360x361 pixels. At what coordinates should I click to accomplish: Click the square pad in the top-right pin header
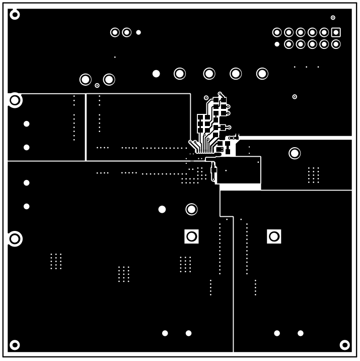coord(336,32)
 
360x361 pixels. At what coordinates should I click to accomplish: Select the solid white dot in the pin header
coord(277,44)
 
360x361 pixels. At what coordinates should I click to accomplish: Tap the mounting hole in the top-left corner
coord(15,14)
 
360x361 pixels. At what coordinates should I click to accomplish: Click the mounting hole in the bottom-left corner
coord(15,345)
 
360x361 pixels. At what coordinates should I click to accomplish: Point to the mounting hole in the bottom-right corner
coord(345,345)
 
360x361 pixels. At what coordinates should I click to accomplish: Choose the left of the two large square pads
coord(191,236)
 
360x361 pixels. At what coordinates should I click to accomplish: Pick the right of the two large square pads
coord(274,236)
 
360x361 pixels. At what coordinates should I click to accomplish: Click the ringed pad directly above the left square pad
coord(191,209)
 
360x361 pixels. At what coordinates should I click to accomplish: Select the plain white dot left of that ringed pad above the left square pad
coord(162,209)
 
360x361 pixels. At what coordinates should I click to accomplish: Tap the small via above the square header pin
coord(333,18)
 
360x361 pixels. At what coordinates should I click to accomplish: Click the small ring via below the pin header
coord(295,96)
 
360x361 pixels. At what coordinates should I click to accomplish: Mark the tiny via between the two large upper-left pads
coord(97,85)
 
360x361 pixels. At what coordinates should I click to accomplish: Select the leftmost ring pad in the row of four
coord(180,74)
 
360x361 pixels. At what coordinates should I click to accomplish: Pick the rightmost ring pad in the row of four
coord(262,74)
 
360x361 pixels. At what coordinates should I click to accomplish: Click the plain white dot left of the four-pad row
coord(156,74)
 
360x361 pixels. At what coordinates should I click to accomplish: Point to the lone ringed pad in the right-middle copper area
coord(295,153)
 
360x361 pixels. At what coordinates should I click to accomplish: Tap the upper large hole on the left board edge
coord(15,100)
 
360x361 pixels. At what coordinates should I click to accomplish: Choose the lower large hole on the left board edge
coord(15,238)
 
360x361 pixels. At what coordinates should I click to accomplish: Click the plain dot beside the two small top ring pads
coord(138,32)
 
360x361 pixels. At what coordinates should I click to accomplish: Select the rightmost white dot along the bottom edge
coord(301,333)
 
